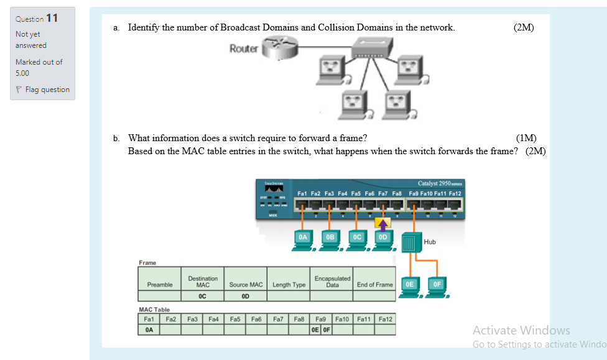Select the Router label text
pyautogui.click(x=243, y=48)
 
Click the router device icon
pyautogui.click(x=277, y=48)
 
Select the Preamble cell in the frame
pyautogui.click(x=160, y=285)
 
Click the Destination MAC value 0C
pyautogui.click(x=202, y=297)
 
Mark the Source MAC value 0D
pyautogui.click(x=246, y=297)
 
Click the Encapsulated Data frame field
pyautogui.click(x=332, y=282)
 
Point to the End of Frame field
pyautogui.click(x=374, y=285)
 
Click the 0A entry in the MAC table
pyautogui.click(x=149, y=330)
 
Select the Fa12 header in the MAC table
pyautogui.click(x=386, y=319)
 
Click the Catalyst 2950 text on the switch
pyautogui.click(x=439, y=183)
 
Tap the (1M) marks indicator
pyautogui.click(x=526, y=138)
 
